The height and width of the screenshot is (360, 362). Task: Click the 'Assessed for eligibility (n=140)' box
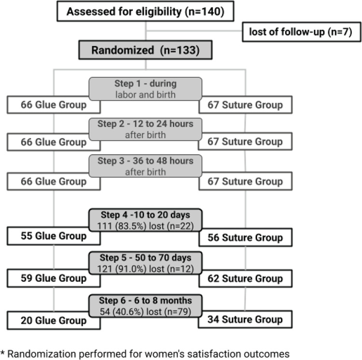point(145,11)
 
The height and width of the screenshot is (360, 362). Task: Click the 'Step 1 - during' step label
point(145,83)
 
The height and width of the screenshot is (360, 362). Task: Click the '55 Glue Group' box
point(53,236)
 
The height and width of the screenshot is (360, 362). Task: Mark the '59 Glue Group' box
point(53,278)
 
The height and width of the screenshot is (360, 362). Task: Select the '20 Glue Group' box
point(53,320)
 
